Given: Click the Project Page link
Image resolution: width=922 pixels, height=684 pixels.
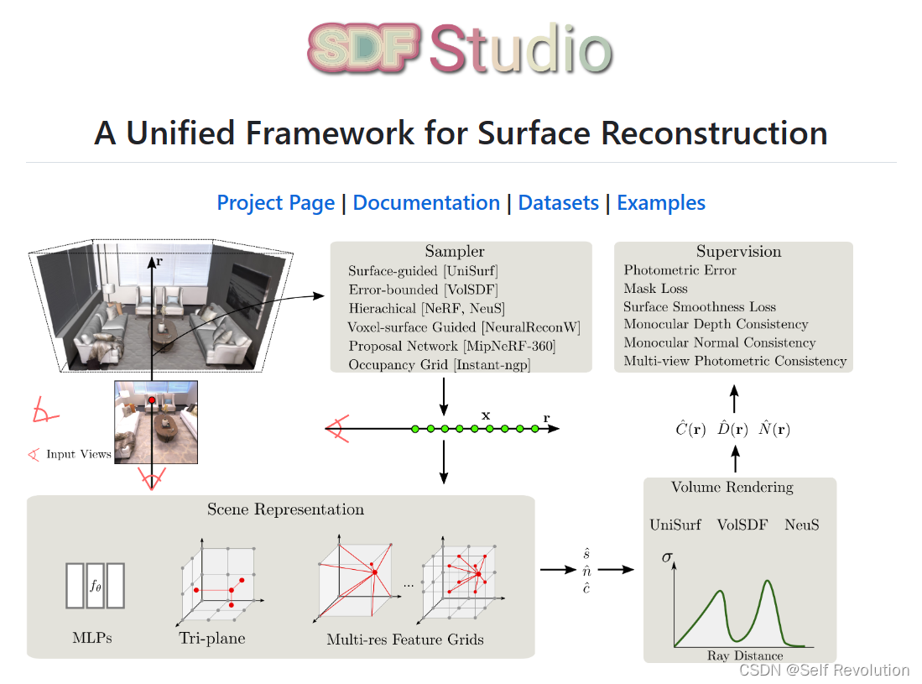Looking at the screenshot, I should point(275,203).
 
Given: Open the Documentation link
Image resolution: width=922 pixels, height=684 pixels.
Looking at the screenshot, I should point(426,203).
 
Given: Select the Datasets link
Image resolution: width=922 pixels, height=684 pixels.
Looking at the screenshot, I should point(558,203).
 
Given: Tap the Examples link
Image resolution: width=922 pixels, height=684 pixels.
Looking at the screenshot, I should point(661,203).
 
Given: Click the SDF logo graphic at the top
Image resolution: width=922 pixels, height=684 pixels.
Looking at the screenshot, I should point(364,48).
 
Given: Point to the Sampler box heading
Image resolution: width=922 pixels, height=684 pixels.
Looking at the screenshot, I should point(455,252).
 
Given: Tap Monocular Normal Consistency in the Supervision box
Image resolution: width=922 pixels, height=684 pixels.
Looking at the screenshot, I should point(719,342).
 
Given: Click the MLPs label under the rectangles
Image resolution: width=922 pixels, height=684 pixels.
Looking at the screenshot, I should point(92,638).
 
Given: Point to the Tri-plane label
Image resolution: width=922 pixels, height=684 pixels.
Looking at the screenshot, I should point(212,639).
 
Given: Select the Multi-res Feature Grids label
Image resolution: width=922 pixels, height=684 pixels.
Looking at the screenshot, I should point(405,640).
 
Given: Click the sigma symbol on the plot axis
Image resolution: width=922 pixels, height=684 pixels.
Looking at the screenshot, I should point(668,556).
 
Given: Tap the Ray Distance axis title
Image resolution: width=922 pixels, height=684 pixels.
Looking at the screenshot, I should point(745,655).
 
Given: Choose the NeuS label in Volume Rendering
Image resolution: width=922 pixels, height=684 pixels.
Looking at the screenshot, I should point(801,525).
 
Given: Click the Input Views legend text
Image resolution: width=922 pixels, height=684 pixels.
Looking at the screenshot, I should point(79,454).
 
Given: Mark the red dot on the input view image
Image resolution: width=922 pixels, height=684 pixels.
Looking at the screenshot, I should point(152,401).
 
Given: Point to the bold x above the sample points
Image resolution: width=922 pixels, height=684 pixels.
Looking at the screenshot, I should point(485,415).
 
